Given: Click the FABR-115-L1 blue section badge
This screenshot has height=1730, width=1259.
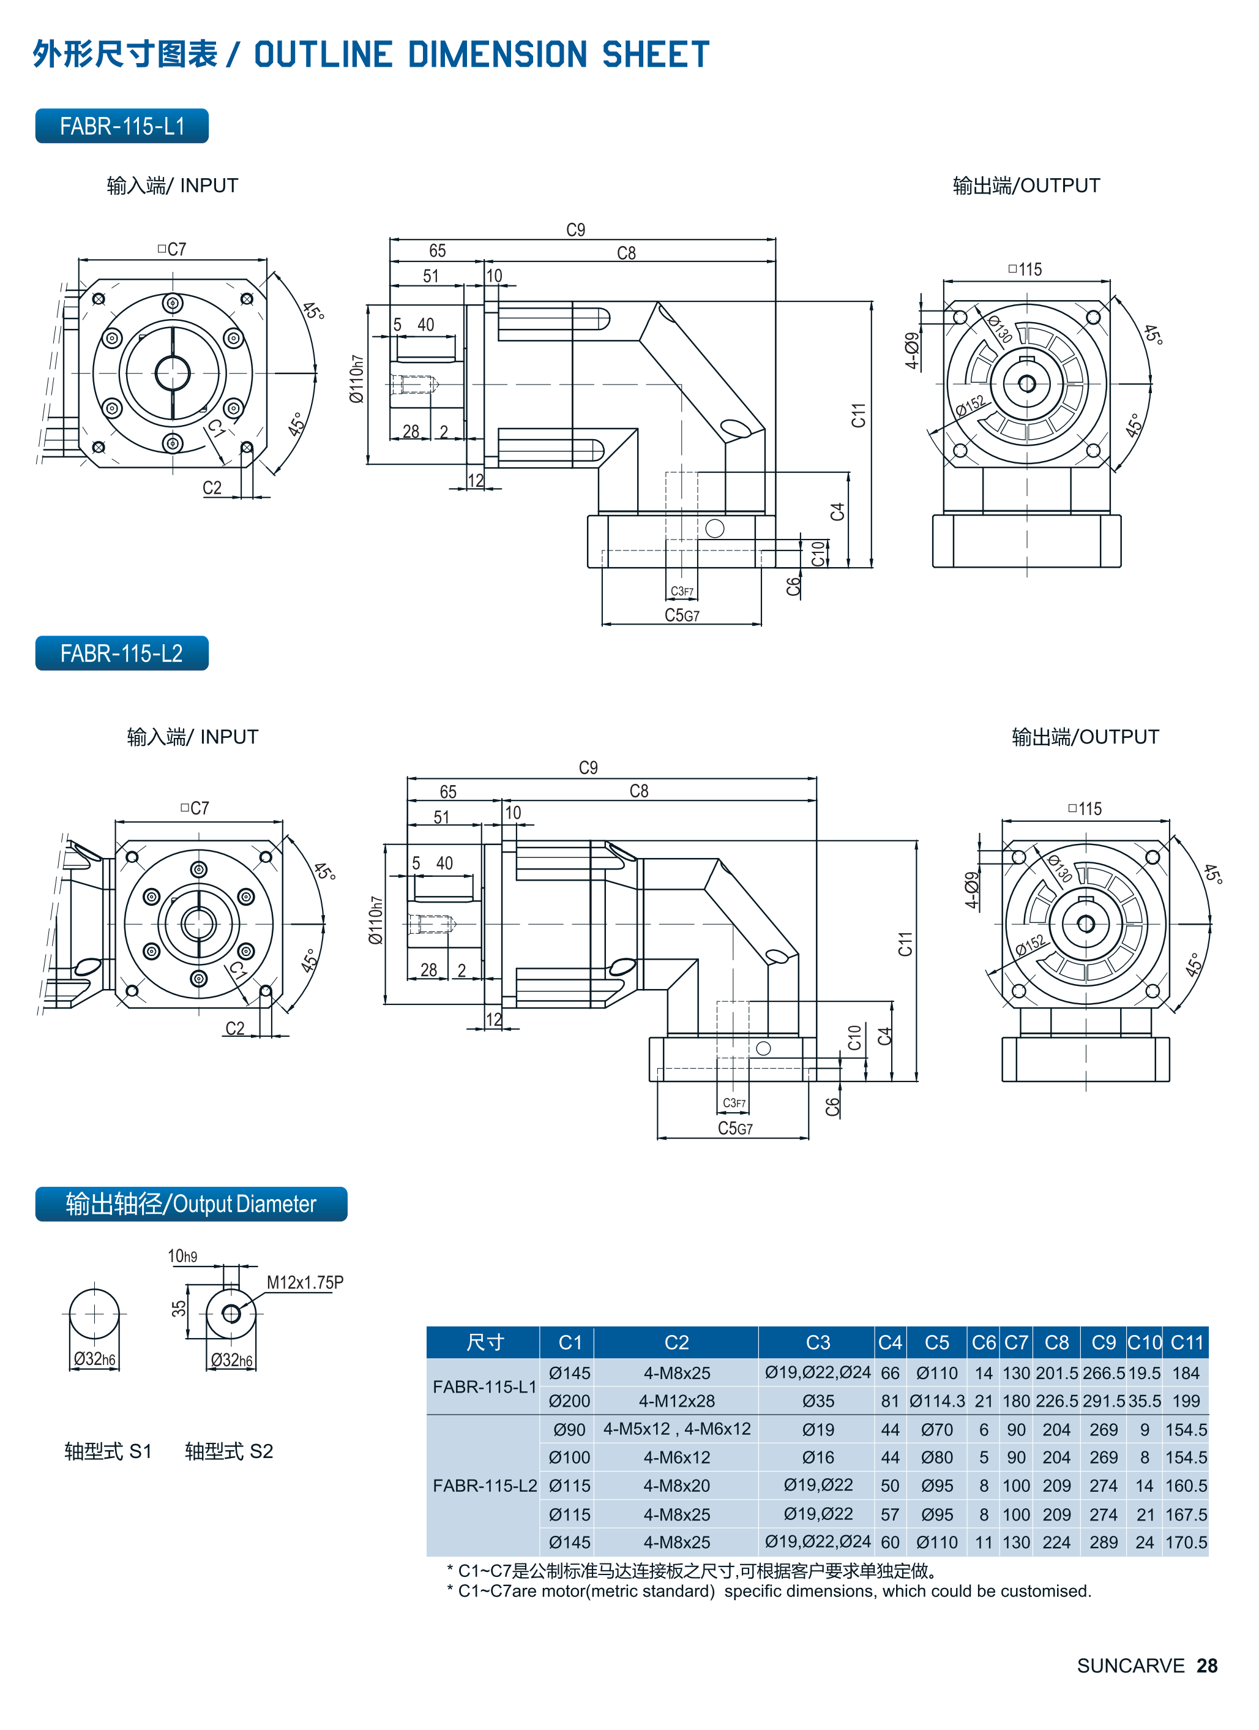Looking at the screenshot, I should click(122, 126).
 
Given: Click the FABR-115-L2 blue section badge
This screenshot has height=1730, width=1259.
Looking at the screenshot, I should click(122, 653).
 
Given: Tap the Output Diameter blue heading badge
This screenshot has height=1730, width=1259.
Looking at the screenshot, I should click(190, 1204).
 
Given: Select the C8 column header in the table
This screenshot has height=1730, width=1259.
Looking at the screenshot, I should click(1056, 1342).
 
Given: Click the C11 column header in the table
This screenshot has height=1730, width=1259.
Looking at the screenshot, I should click(1187, 1342).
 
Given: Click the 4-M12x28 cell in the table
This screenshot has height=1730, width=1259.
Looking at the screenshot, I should click(676, 1401).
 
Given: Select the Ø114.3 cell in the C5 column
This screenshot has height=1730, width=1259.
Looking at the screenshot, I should click(936, 1401).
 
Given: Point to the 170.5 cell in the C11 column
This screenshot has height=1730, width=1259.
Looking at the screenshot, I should click(1186, 1543).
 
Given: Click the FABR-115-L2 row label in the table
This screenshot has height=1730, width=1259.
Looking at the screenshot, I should click(484, 1485).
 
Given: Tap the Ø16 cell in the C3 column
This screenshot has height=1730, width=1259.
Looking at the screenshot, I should click(818, 1457).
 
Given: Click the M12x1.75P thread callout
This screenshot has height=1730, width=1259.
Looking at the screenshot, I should click(305, 1282).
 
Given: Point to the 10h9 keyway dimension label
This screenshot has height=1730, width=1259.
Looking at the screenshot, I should click(182, 1256).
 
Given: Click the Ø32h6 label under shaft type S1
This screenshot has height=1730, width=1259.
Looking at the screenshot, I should click(94, 1358).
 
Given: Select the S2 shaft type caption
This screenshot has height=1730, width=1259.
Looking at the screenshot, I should click(229, 1451).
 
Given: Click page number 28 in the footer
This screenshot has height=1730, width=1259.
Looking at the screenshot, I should click(1206, 1666).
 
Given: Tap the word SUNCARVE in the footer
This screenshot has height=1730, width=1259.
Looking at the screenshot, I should click(1130, 1666).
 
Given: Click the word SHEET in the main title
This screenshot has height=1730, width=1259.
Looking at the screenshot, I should click(655, 55).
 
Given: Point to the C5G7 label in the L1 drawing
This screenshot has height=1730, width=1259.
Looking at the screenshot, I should click(682, 615).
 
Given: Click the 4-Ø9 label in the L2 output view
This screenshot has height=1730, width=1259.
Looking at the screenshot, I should click(971, 890).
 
